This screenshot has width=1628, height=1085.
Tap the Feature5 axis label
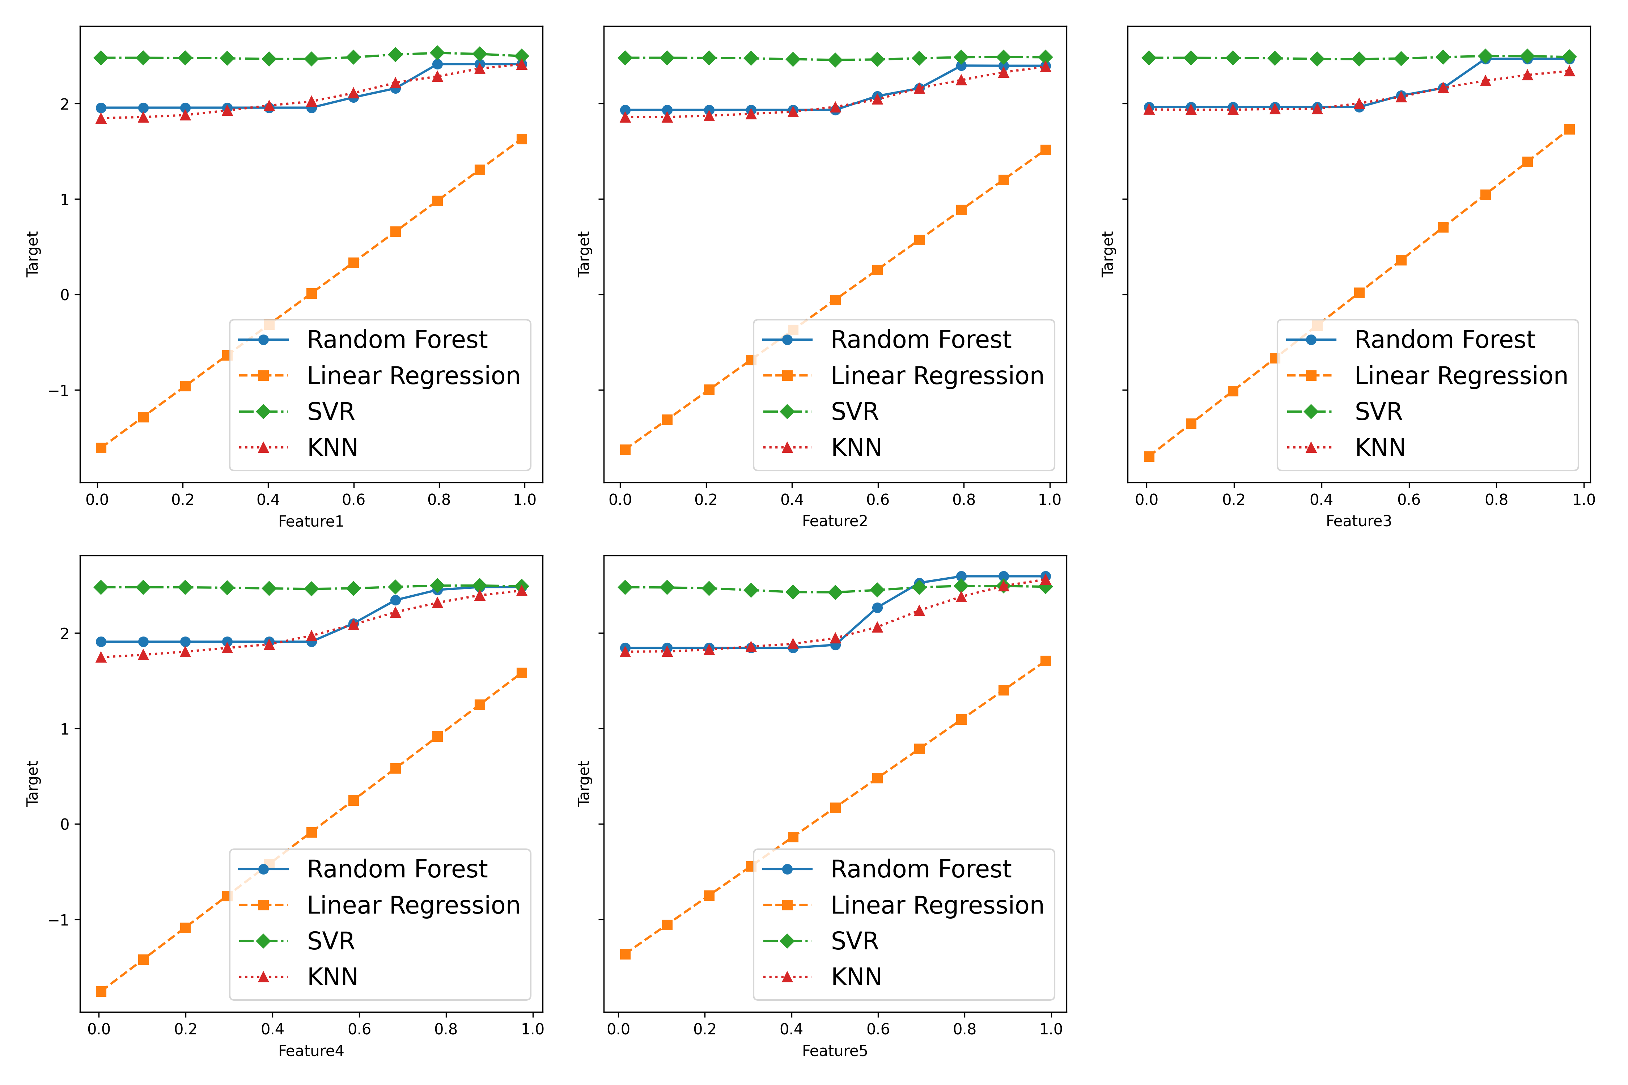834,1051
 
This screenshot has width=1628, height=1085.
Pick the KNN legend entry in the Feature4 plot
332,977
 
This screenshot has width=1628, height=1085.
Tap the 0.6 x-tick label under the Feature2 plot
878,499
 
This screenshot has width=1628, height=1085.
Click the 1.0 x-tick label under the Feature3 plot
1584,499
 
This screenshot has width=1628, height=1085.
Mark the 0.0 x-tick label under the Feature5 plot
618,1029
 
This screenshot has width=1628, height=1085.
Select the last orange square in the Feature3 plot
1569,129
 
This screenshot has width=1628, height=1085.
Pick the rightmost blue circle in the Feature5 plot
1045,576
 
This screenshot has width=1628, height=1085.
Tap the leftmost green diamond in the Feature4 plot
101,587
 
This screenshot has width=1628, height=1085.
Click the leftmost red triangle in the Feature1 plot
101,118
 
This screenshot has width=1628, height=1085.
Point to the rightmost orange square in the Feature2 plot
1045,150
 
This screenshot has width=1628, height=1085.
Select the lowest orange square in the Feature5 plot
625,954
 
